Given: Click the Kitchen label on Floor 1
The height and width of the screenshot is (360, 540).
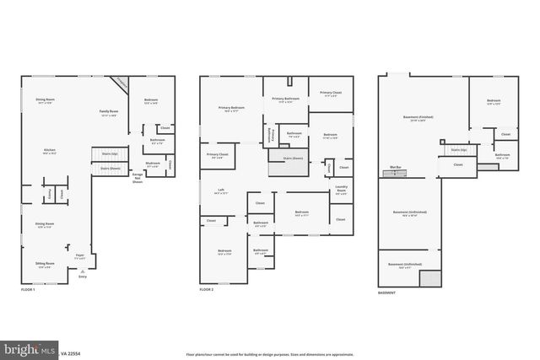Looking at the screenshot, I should tap(49, 152).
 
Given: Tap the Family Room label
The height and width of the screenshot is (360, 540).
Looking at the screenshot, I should tap(108, 113).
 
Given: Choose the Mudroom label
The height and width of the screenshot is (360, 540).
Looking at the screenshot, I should tap(153, 164).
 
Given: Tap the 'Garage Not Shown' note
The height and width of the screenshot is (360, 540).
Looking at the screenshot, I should tap(136, 180).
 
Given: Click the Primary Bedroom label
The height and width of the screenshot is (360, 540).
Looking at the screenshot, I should tap(232, 109).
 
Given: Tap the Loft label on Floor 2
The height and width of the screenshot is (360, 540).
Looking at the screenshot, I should tap(221, 191).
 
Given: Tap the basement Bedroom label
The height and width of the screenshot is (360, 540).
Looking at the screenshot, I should tap(494, 102).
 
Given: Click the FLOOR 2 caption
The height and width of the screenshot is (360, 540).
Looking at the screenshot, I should tap(208, 290).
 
